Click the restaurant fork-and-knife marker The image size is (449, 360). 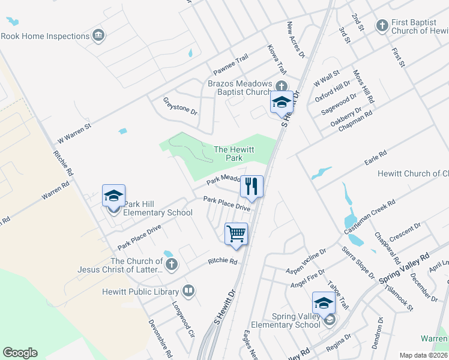tap(252, 186)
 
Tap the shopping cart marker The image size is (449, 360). tap(236, 234)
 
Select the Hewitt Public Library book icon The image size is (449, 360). tap(188, 292)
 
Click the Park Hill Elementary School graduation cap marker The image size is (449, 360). tap(113, 196)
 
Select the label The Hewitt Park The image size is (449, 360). tap(228, 154)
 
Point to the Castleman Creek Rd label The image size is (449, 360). tap(369, 217)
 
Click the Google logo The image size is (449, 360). tap(20, 353)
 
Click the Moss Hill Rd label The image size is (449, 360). tap(364, 85)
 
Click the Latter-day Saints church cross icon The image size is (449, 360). tap(171, 265)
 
